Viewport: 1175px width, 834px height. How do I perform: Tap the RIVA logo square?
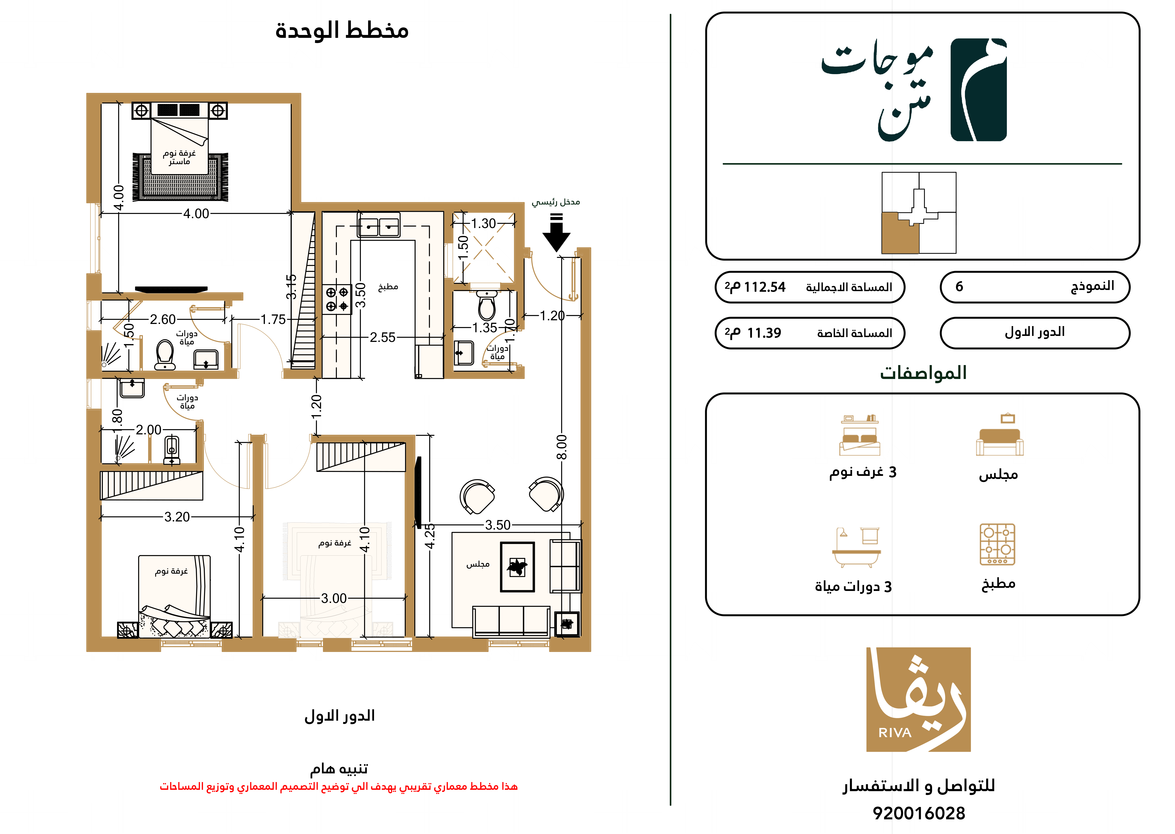919,699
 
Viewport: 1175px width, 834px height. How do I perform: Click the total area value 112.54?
765,287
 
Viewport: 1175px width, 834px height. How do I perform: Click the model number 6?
959,286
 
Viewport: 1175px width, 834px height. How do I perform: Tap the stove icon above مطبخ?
997,544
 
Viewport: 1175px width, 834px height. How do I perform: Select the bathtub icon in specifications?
856,548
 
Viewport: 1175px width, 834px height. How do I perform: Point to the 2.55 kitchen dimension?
382,337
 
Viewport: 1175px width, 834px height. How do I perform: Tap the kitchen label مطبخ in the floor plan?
388,286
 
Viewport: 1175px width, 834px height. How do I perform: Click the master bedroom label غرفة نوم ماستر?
179,157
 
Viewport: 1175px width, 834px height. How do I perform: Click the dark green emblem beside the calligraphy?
978,90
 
